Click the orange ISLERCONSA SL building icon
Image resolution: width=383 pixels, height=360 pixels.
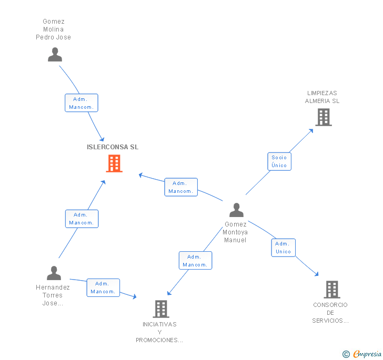pyautogui.click(x=114, y=163)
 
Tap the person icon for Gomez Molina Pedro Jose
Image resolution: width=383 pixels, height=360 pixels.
pyautogui.click(x=55, y=55)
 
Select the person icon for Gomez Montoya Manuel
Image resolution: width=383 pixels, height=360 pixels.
pyautogui.click(x=237, y=210)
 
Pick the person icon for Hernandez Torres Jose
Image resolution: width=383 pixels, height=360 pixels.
pyautogui.click(x=54, y=273)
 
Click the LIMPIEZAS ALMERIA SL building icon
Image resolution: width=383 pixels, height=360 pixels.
pyautogui.click(x=324, y=117)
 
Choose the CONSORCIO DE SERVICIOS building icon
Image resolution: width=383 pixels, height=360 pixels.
pyautogui.click(x=331, y=289)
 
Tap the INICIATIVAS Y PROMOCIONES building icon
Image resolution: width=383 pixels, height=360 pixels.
pyautogui.click(x=160, y=308)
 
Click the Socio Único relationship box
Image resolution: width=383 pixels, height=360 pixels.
pyautogui.click(x=279, y=161)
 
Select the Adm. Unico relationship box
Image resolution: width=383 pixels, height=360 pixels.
pyautogui.click(x=283, y=248)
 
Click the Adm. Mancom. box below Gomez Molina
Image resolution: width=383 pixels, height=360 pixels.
pyautogui.click(x=81, y=103)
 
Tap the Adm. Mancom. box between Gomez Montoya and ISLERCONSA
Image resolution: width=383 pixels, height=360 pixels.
pyautogui.click(x=181, y=187)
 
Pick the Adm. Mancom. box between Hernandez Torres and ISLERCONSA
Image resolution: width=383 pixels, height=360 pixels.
pyautogui.click(x=82, y=219)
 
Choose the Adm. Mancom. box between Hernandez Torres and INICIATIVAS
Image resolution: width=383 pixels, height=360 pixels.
pyautogui.click(x=103, y=287)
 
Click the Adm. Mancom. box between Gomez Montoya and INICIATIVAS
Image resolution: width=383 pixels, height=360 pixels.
pyautogui.click(x=195, y=261)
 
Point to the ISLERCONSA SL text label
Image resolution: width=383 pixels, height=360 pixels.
pyautogui.click(x=113, y=147)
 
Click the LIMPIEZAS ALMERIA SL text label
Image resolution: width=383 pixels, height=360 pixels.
pyautogui.click(x=322, y=97)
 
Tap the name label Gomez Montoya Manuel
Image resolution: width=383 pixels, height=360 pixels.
pyautogui.click(x=235, y=232)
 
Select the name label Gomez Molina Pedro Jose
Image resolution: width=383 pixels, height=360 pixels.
pyautogui.click(x=53, y=29)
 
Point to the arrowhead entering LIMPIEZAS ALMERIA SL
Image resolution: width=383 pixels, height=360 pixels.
pyautogui.click(x=311, y=130)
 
